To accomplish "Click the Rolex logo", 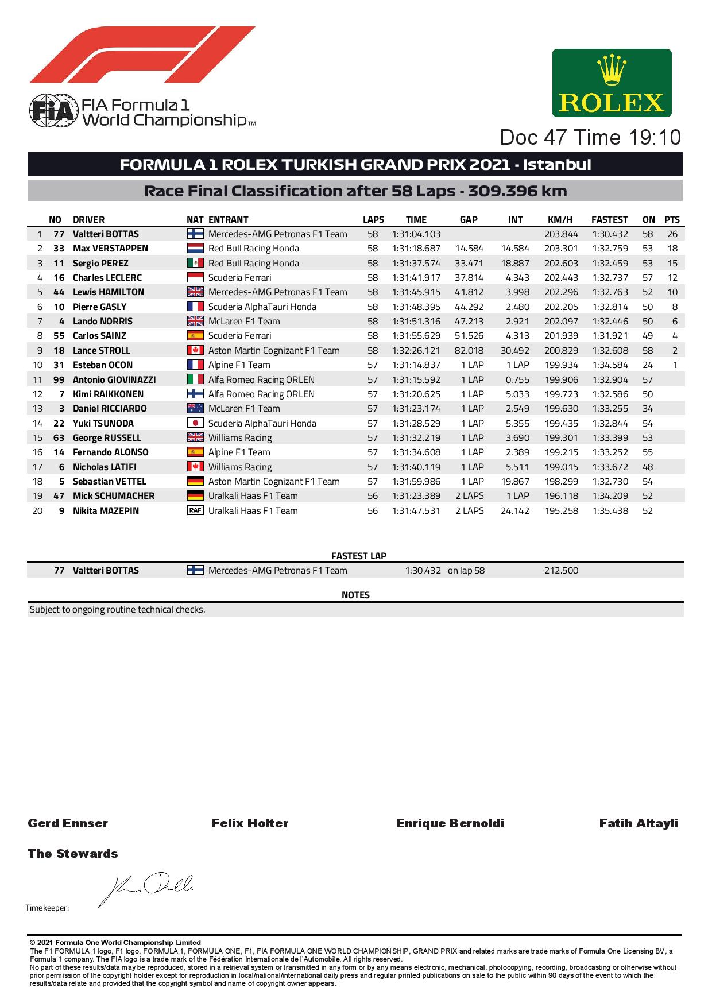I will click(612, 83).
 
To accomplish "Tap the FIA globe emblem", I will click(53, 110).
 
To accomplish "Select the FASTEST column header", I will click(609, 219).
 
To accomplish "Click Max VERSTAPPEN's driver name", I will click(110, 249).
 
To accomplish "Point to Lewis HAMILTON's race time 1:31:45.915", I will click(416, 292).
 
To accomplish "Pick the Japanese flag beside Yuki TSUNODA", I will click(195, 423).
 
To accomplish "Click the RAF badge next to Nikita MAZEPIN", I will click(195, 510).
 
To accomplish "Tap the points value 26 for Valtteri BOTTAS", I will click(672, 234).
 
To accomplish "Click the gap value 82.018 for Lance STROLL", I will click(469, 350).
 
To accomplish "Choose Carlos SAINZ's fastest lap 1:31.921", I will click(609, 336).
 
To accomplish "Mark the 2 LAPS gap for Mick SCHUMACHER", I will click(469, 496).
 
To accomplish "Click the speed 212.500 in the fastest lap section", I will click(560, 571).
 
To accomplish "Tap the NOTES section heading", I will click(355, 595).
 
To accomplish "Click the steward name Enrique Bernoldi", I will click(450, 823).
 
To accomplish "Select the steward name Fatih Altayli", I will click(638, 823).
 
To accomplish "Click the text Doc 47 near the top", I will click(534, 138).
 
